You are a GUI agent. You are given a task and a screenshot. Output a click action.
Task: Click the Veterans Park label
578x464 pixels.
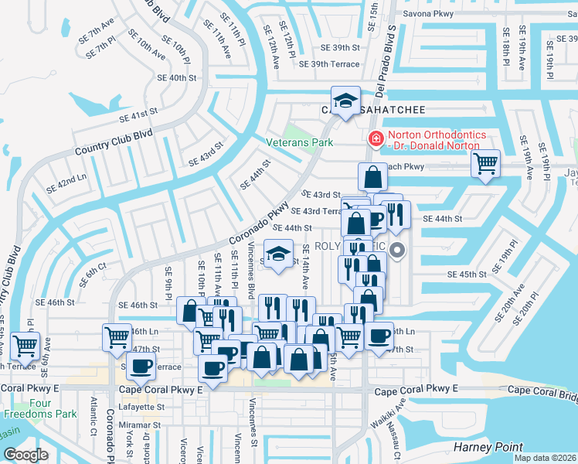299,142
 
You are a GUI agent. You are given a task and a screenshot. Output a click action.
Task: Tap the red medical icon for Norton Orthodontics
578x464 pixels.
376,139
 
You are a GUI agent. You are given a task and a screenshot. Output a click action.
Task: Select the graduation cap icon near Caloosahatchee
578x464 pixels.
345,100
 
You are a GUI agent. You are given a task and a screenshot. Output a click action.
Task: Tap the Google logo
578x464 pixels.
26,455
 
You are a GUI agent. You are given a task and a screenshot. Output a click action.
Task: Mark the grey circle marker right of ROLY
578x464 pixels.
398,250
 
